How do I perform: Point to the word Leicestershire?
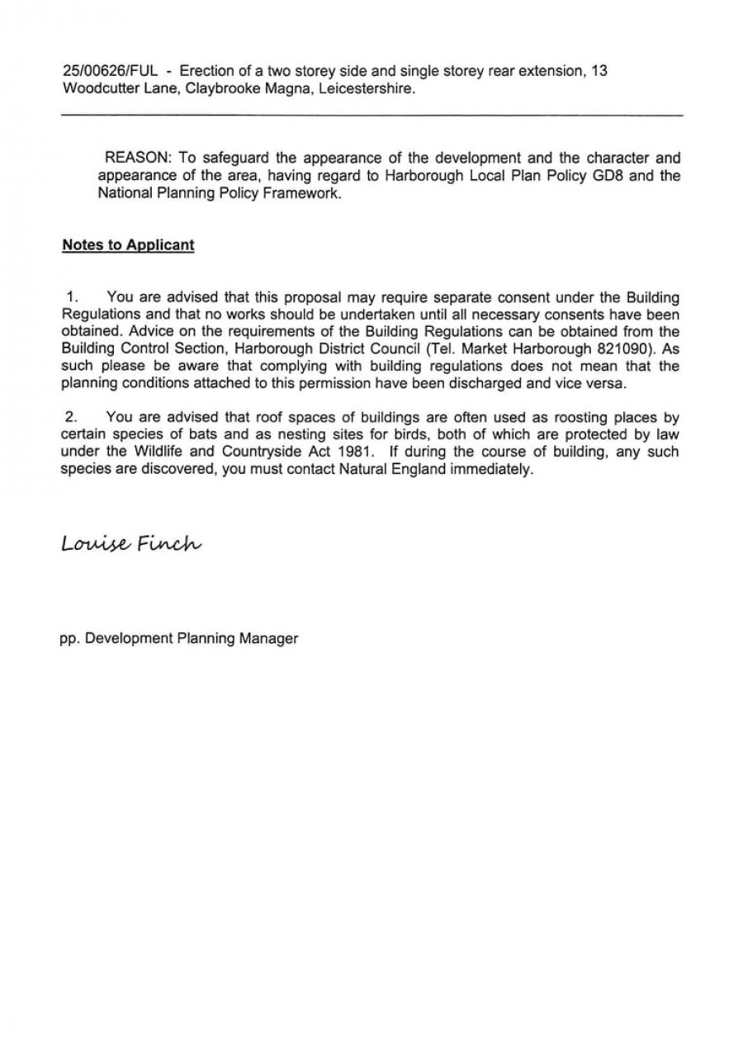pos(364,88)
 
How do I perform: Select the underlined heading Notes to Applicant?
pos(128,245)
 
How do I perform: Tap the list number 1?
pos(73,296)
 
